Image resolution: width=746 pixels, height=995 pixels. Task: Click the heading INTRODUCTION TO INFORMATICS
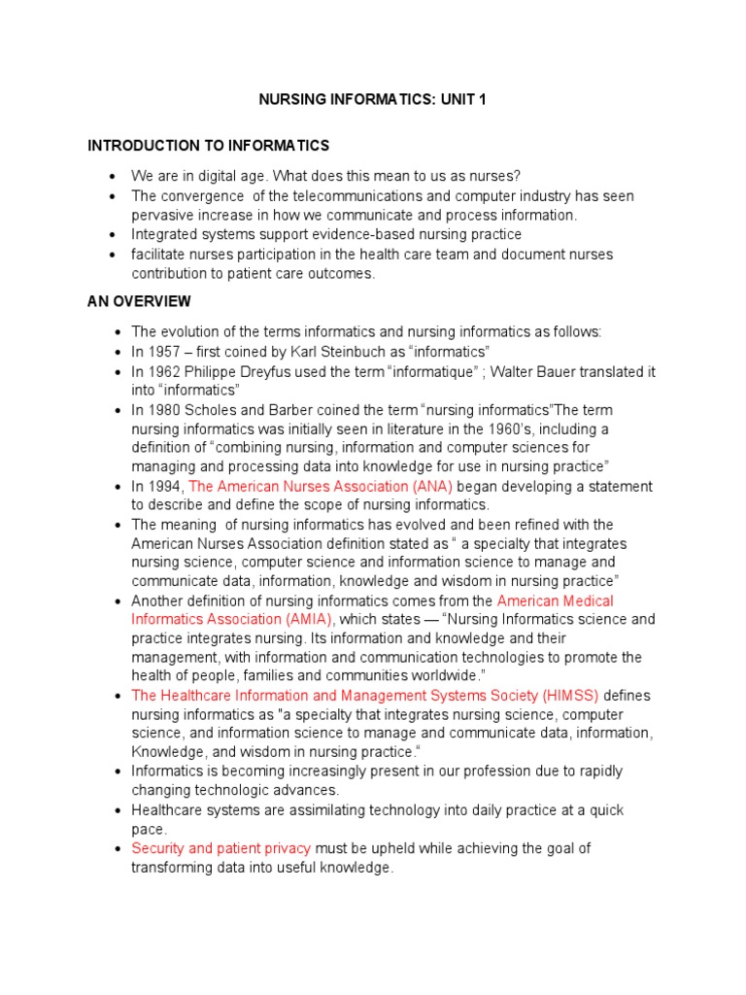pyautogui.click(x=209, y=146)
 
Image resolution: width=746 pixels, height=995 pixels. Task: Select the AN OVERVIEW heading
pyautogui.click(x=139, y=301)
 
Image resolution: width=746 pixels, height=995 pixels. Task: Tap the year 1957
pyautogui.click(x=163, y=352)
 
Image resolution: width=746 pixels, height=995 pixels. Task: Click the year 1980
pyautogui.click(x=163, y=410)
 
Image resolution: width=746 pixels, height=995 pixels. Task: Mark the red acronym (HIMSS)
pyautogui.click(x=571, y=696)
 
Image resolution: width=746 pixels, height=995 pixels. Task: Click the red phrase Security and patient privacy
pyautogui.click(x=221, y=848)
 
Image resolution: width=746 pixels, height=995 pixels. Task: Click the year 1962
pyautogui.click(x=163, y=371)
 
